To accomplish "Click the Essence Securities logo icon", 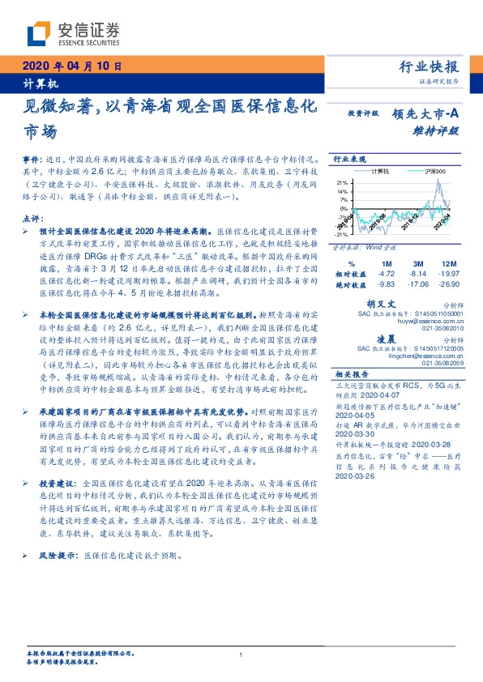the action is (x=40, y=33).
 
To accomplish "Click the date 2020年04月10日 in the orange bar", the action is (x=74, y=66).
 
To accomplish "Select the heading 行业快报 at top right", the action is (x=430, y=67).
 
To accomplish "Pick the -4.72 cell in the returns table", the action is (x=387, y=274).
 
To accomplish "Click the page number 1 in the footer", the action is (x=241, y=655).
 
